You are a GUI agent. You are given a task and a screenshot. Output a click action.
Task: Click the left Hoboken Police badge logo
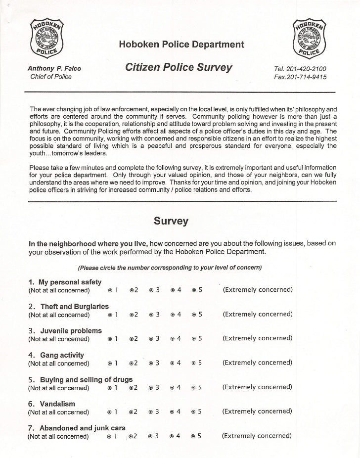48,37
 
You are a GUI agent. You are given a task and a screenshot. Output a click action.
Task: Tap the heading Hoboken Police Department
181,45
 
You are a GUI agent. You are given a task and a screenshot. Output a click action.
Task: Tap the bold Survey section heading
171,221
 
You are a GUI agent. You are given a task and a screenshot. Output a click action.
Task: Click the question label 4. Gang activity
56,355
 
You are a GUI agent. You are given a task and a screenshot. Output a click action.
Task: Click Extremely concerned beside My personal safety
258,290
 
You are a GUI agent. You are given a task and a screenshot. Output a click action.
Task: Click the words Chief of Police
51,77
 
